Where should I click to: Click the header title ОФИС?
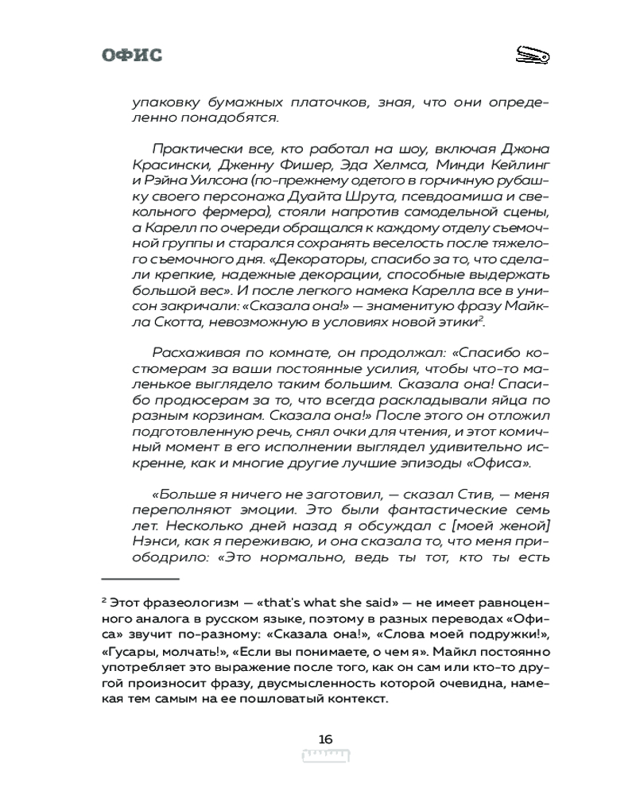pos(132,55)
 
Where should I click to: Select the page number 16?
pos(325,739)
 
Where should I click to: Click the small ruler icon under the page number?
pos(326,754)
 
